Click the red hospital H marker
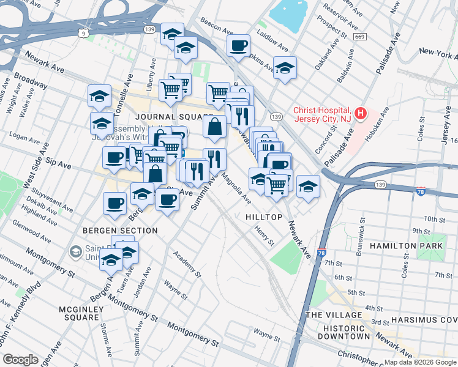[361, 114]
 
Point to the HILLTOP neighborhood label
[264, 218]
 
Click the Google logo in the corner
[20, 360]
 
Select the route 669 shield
[360, 38]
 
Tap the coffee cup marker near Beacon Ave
[238, 45]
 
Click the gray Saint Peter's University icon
[75, 251]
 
